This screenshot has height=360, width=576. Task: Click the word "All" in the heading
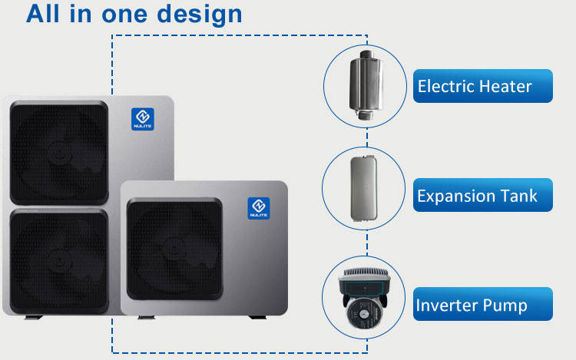click(48, 14)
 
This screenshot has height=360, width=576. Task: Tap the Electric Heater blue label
click(482, 86)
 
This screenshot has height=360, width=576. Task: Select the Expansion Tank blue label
click(482, 196)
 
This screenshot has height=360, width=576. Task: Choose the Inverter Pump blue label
click(482, 305)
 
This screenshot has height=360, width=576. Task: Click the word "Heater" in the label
click(505, 86)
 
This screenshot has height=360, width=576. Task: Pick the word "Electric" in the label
click(445, 86)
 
